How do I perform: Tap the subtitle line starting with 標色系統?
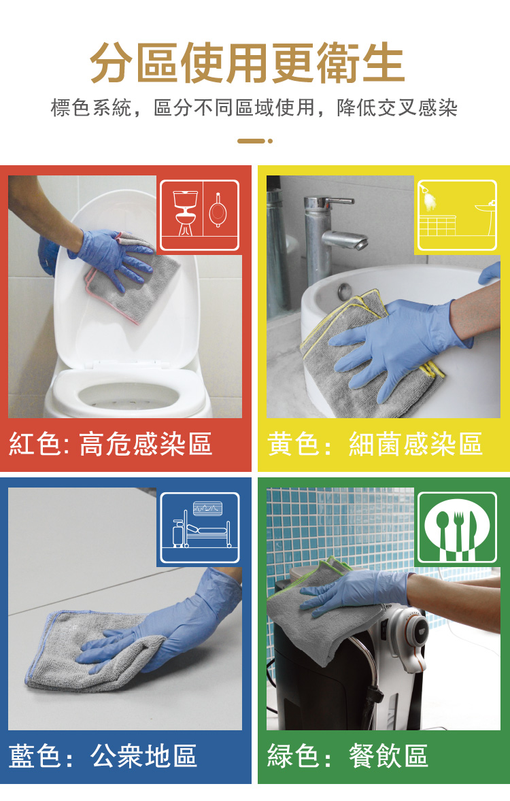click(x=254, y=108)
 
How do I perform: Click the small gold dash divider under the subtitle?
click(x=254, y=141)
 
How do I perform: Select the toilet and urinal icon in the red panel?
click(x=200, y=215)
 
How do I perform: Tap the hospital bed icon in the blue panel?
click(x=200, y=528)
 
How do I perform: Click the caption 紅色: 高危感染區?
click(x=110, y=443)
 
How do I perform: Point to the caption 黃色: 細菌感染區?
click(x=375, y=443)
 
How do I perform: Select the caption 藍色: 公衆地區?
click(x=103, y=755)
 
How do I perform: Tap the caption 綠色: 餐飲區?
click(x=347, y=755)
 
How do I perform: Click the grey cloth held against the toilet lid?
click(x=134, y=278)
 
